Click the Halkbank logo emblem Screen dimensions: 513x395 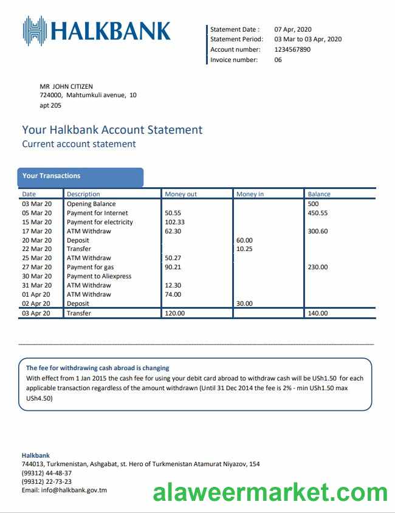(x=35, y=31)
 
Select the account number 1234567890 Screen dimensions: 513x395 (x=292, y=50)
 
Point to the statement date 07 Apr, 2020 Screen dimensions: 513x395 (x=293, y=29)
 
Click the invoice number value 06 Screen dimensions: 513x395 (x=278, y=60)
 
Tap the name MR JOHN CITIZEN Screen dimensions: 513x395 (x=66, y=86)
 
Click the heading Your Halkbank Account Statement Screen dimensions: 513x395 (x=112, y=129)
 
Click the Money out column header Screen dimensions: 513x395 (x=181, y=195)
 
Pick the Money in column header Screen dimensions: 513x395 (x=250, y=195)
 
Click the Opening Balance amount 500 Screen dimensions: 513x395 (x=314, y=204)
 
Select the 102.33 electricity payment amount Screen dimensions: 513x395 (x=174, y=222)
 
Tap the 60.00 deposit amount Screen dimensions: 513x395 (x=244, y=240)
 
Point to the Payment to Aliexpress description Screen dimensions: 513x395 (x=99, y=276)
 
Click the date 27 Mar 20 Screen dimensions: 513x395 (x=37, y=267)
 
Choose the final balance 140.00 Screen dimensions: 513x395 (x=318, y=313)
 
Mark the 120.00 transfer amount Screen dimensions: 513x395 (x=175, y=313)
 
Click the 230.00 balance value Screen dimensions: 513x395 (x=318, y=267)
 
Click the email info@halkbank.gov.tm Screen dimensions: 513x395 (x=64, y=490)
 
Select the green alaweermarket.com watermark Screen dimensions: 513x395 (x=270, y=492)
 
